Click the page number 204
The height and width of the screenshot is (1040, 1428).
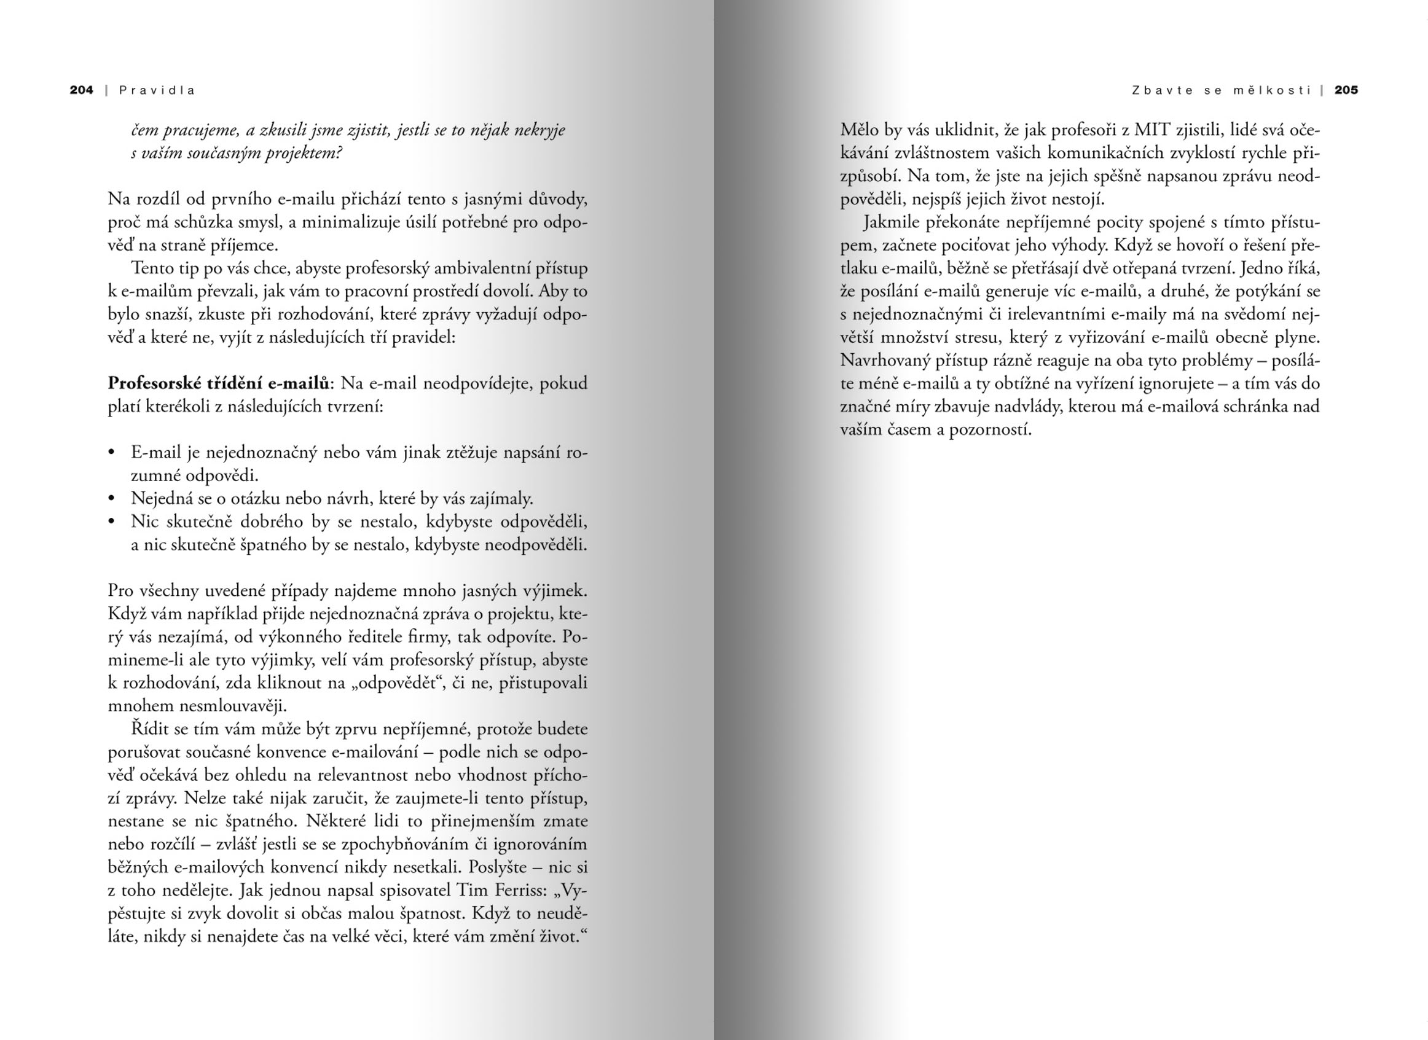(81, 90)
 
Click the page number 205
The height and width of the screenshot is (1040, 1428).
(1346, 90)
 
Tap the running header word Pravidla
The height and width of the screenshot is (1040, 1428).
(157, 90)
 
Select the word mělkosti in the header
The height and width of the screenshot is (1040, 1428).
(1272, 90)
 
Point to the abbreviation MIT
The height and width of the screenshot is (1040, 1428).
(1151, 130)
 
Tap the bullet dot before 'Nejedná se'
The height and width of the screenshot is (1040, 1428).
(112, 499)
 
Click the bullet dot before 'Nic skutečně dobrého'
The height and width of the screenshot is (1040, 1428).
(112, 522)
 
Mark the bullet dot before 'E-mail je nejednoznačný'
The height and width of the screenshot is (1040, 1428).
(112, 453)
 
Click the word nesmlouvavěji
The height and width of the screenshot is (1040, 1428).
(197, 706)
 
